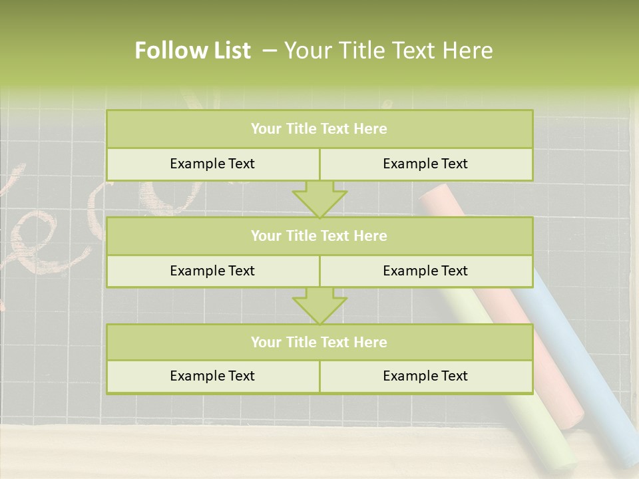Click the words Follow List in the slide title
coord(192,51)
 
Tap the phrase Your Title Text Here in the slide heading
coord(389,51)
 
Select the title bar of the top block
coord(319,129)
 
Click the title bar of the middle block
coord(319,236)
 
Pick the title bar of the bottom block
coord(319,343)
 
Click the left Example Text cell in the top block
coord(212,164)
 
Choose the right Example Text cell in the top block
coord(425,164)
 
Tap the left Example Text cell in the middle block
coord(212,271)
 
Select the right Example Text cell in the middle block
coord(425,271)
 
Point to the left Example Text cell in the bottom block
coord(212,377)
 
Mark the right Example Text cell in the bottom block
coord(425,377)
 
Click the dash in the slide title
coord(270,51)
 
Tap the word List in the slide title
coord(229,51)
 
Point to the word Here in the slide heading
coord(469,51)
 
